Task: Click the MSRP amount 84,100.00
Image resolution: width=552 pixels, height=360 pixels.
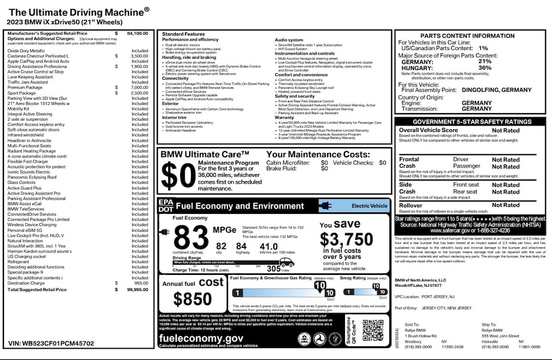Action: coord(137,33)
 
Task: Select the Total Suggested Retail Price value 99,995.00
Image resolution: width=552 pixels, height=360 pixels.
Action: coord(137,289)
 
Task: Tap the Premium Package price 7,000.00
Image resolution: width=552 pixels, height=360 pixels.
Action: coord(139,87)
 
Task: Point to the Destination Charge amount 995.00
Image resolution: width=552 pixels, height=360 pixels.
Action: coord(141,283)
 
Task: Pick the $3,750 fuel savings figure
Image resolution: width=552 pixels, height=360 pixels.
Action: coord(346,239)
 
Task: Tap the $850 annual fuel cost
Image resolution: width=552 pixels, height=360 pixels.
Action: coord(192,298)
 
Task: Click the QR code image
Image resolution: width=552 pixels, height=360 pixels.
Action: coord(372,330)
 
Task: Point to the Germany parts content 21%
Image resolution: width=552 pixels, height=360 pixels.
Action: coord(485,61)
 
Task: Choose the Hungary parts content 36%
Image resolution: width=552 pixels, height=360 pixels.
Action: coord(485,68)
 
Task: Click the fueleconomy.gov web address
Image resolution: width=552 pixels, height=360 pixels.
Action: coord(201,338)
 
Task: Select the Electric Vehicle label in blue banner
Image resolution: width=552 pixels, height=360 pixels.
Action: coord(369,206)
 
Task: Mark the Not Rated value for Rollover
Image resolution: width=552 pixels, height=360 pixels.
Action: coord(506,205)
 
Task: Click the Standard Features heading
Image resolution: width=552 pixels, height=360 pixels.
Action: coord(183,34)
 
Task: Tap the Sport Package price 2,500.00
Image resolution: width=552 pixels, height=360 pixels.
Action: coord(139,93)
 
